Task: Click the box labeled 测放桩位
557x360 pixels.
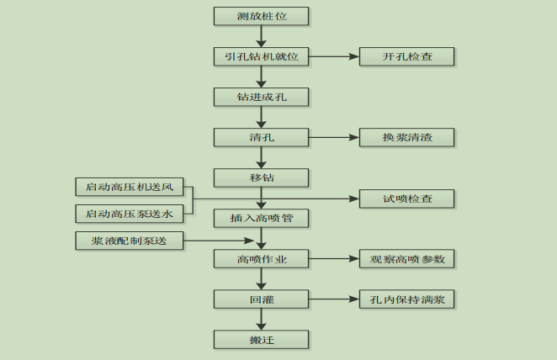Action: pos(262,16)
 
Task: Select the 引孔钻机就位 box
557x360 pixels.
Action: pos(262,56)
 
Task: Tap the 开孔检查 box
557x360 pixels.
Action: pos(407,56)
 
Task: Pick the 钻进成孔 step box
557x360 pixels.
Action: pos(262,97)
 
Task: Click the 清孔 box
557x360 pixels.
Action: pos(262,137)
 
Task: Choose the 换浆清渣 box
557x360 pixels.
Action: pos(407,137)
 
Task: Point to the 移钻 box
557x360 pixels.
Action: pos(262,177)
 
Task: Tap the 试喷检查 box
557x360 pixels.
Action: pos(407,199)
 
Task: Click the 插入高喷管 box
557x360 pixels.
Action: pos(262,219)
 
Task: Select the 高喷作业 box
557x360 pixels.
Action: pos(262,259)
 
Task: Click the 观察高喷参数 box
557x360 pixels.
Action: pos(407,259)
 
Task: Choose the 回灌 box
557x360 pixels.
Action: pos(262,299)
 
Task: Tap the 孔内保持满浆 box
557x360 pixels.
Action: pos(407,299)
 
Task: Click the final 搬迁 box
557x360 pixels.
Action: pos(262,340)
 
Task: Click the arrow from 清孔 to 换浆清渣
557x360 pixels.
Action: pos(334,137)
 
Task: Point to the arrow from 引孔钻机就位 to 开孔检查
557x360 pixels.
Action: pos(334,56)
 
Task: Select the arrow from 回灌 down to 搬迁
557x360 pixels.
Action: pos(262,320)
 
